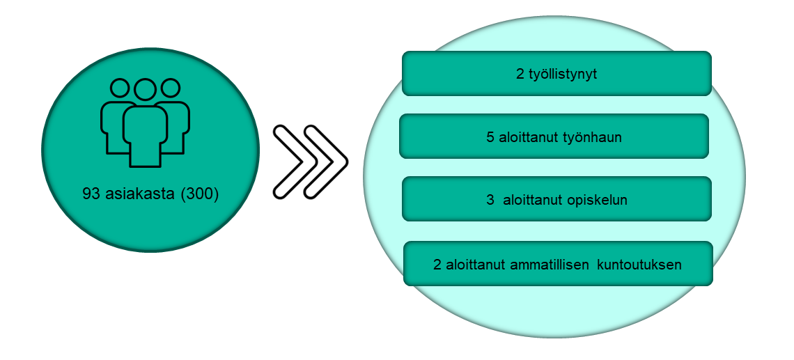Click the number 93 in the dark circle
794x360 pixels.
[x=91, y=194]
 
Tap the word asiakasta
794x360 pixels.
[x=140, y=194]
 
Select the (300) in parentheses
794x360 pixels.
[x=199, y=194]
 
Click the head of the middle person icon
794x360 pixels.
[x=145, y=90]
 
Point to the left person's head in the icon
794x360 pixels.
[x=120, y=88]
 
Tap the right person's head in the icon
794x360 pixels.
[x=171, y=88]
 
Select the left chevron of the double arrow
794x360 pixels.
[x=295, y=162]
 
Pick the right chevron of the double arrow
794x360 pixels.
[x=326, y=162]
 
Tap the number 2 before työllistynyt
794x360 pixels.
[x=520, y=74]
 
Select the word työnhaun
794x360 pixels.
[x=592, y=137]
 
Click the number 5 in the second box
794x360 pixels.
[x=490, y=137]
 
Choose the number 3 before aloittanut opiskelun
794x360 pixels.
[x=490, y=200]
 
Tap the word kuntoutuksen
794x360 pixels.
[x=639, y=265]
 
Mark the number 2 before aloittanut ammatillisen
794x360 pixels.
[x=437, y=265]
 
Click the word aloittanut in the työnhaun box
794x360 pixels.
[x=528, y=137]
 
